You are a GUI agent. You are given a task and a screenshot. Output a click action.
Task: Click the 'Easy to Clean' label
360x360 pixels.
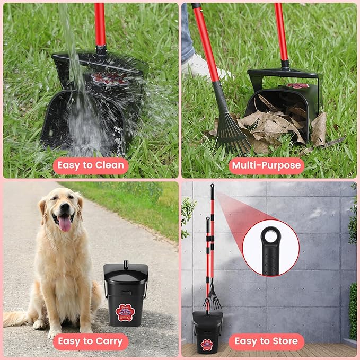[90, 165]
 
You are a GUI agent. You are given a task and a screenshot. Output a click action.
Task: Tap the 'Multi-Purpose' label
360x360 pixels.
[267, 165]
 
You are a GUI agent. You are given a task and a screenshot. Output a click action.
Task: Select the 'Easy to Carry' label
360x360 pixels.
[90, 341]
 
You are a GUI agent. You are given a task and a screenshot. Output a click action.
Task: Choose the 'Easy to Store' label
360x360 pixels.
[267, 341]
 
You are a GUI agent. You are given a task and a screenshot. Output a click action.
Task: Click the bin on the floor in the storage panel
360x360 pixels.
[207, 331]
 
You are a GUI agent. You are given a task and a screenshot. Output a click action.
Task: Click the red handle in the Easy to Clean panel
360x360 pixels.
[100, 24]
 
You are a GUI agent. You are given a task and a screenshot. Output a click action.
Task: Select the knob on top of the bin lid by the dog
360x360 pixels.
[126, 263]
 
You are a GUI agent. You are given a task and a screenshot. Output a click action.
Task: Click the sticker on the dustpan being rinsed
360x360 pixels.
[108, 78]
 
